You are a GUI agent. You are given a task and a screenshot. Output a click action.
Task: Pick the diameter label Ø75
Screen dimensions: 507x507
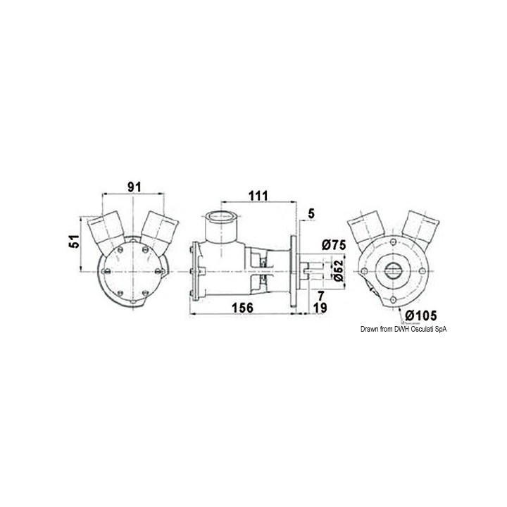pos(333,245)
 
